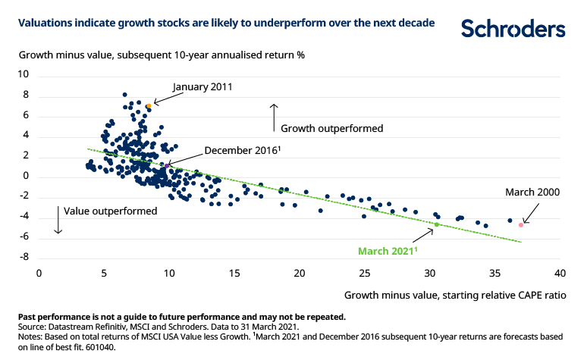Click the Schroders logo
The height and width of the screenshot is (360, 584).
[513, 29]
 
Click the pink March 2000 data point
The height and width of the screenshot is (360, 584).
[521, 224]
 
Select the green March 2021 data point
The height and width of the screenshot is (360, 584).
[436, 224]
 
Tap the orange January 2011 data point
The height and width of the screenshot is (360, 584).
[149, 107]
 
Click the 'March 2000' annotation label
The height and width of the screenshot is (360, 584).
[532, 192]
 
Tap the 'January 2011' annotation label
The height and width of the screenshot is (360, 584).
[203, 86]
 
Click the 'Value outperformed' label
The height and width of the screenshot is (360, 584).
[111, 211]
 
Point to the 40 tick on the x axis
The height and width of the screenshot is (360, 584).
[560, 271]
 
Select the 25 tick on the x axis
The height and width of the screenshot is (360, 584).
[365, 271]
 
